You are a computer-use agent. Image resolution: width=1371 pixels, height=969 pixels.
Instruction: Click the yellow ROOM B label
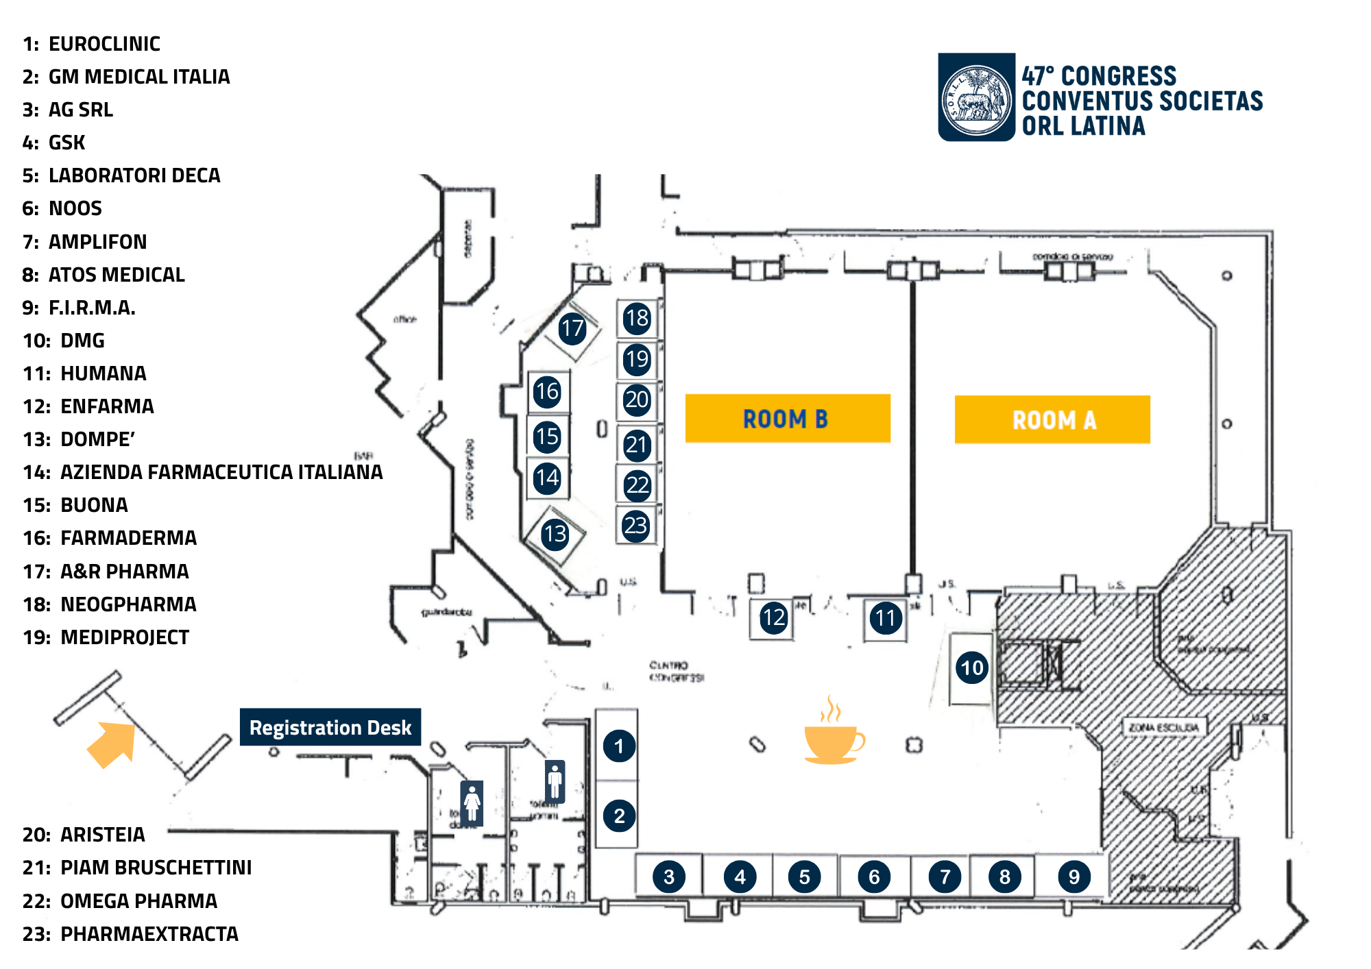click(787, 418)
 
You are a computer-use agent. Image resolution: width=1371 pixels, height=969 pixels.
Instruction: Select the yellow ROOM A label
click(1052, 419)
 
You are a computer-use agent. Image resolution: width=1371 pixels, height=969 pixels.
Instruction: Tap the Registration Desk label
click(330, 727)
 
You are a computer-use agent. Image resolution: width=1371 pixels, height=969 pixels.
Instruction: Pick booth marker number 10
click(971, 667)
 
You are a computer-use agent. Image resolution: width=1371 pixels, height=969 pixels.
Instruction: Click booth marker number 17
click(572, 329)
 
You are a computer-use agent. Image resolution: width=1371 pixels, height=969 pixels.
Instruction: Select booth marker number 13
click(555, 534)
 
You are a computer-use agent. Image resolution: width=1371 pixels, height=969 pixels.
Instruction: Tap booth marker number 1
click(618, 746)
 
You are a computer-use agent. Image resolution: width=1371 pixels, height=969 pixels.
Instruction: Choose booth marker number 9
click(1073, 876)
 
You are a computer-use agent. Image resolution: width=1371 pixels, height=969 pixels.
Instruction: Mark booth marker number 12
click(773, 618)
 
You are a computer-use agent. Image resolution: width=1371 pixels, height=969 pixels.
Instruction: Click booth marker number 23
click(635, 526)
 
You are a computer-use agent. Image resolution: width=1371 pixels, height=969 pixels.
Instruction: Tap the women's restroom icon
click(472, 802)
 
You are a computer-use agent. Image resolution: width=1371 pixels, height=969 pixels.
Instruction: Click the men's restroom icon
click(555, 781)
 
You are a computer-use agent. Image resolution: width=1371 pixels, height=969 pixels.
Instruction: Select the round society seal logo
click(976, 97)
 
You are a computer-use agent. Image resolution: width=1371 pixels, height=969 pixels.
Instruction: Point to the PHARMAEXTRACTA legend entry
click(130, 934)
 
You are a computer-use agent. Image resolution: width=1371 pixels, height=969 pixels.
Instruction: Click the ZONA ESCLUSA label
click(1163, 727)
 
